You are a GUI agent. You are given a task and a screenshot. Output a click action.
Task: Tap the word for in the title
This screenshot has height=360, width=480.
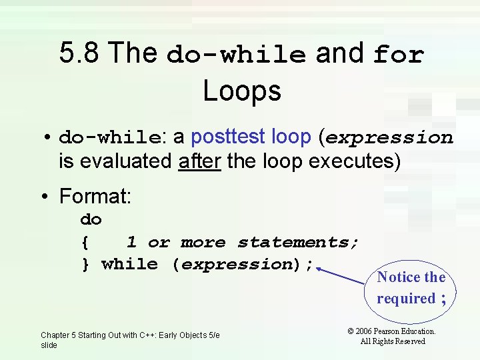399,54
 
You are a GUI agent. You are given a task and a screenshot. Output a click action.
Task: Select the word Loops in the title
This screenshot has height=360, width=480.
242,91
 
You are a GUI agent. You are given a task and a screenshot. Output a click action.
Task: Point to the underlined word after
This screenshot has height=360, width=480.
199,161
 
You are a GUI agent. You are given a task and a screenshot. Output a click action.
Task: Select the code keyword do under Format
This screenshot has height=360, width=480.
91,219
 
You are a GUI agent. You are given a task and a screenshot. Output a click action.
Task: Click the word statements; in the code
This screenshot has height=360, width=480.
298,242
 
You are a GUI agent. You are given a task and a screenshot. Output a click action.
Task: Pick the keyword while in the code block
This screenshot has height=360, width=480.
129,264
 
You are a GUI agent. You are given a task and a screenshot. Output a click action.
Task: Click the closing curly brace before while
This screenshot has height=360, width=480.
85,265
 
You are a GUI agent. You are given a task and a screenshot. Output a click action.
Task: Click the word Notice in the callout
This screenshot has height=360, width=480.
398,277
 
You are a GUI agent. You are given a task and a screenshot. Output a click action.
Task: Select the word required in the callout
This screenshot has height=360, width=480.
405,299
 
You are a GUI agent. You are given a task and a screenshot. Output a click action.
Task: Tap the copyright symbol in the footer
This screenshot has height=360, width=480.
351,331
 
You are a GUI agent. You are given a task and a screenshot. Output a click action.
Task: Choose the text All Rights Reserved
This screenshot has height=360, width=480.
393,341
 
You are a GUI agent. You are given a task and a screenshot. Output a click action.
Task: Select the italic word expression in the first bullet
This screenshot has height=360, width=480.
389,138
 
